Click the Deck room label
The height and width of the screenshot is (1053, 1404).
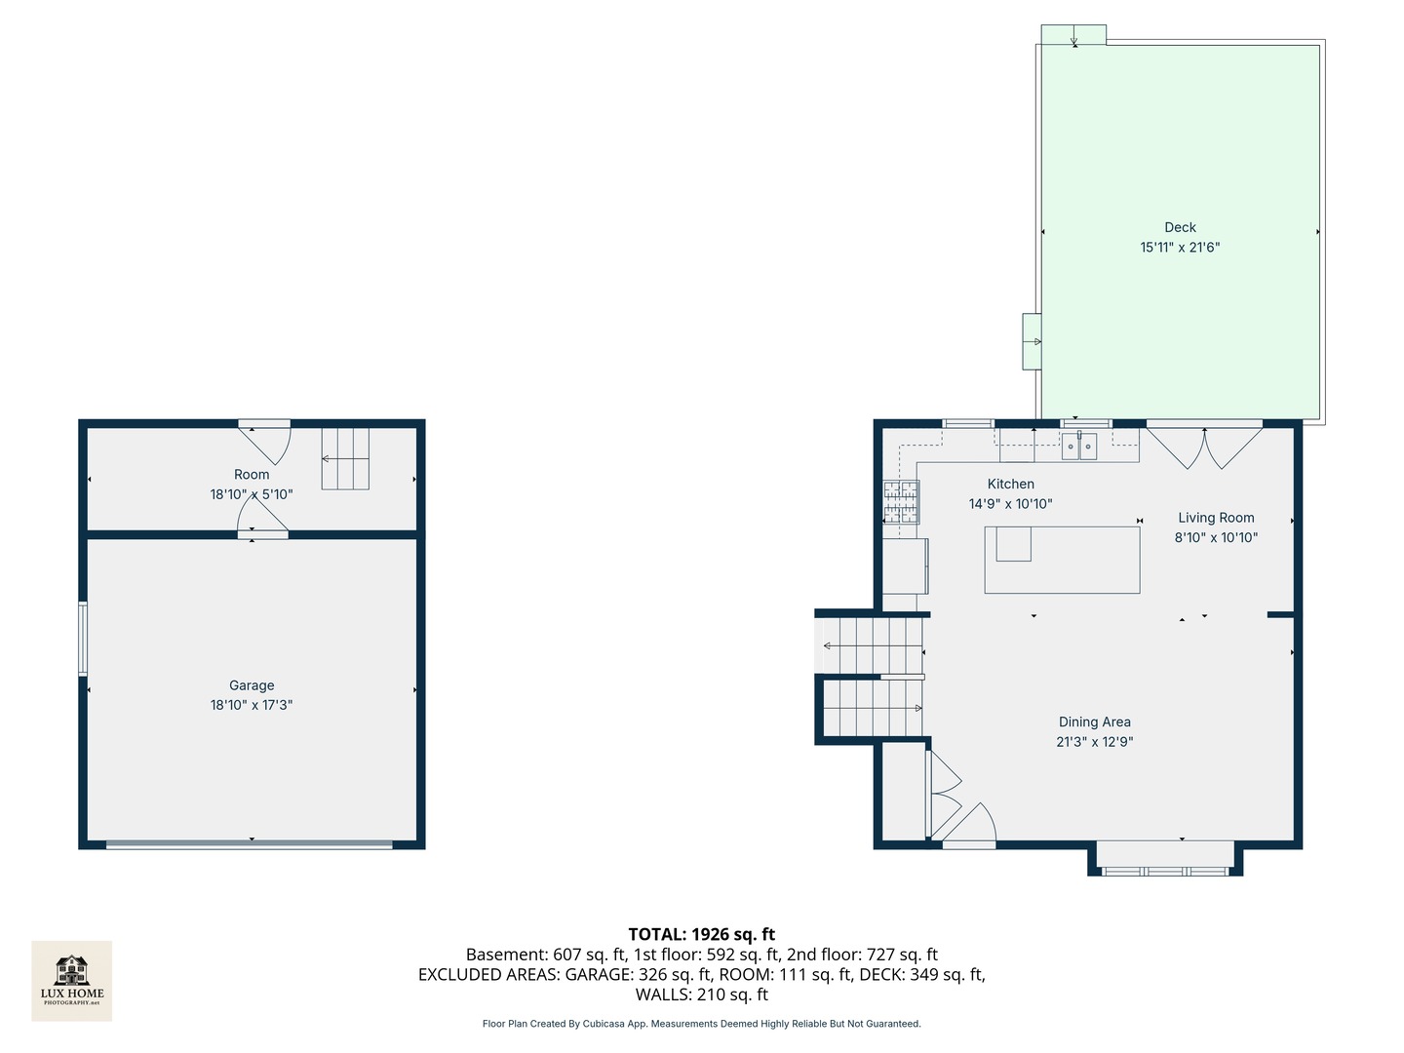pos(1180,227)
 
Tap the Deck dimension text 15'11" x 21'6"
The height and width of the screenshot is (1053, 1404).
pos(1180,248)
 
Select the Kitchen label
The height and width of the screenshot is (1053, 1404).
pos(1010,484)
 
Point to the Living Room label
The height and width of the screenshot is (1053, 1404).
pos(1216,518)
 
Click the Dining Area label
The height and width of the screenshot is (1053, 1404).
pos(1094,721)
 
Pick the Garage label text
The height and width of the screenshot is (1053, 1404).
pos(252,685)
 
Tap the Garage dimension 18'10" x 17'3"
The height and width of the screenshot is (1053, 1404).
pos(252,705)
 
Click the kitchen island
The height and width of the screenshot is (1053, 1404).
pos(1062,560)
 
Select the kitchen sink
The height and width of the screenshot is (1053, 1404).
pos(1079,446)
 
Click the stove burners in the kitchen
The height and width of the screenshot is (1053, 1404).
pos(901,502)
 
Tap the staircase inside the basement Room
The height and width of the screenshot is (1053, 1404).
pos(346,458)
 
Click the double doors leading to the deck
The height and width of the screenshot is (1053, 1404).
pos(1204,447)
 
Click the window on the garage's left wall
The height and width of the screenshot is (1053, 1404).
pos(83,639)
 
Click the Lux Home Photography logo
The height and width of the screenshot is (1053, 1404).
pos(72,980)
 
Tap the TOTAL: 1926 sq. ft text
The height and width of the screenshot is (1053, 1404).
pos(701,934)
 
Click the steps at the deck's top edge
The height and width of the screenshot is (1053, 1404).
pos(1073,35)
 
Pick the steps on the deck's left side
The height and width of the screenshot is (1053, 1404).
pos(1032,341)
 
